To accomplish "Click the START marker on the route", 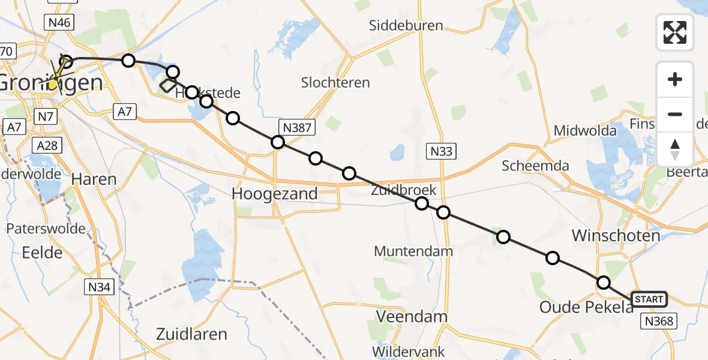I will [649, 299].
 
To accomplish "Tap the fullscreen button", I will [675, 32].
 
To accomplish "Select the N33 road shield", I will [441, 152].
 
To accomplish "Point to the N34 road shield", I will [98, 287].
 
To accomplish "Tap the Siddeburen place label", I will [406, 26].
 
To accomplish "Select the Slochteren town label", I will [335, 83].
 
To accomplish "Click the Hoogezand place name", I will [275, 194].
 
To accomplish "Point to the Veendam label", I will [412, 316].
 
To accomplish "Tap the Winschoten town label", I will [616, 235].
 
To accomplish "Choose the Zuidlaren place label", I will [191, 334].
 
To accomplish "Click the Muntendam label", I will [413, 251].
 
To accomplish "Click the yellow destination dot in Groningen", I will [53, 85].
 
